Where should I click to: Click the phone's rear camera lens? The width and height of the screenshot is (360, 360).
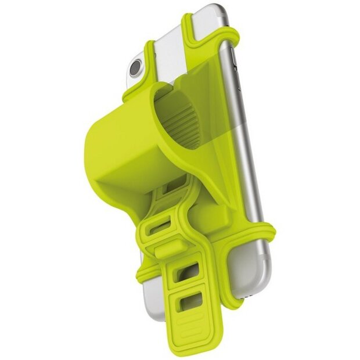pyautogui.click(x=135, y=69)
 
